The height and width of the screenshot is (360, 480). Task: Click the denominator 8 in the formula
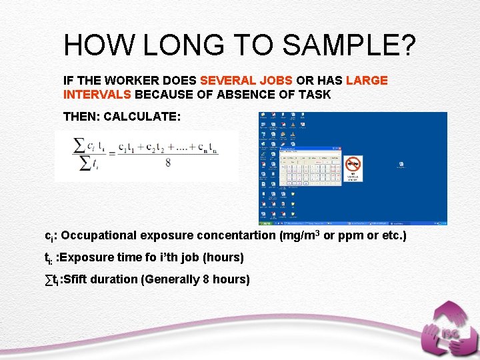pos(167,162)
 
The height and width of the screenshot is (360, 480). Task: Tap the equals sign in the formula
pos(111,153)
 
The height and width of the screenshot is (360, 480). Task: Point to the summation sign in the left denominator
pos(85,163)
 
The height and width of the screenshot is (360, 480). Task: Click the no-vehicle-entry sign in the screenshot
pos(353,163)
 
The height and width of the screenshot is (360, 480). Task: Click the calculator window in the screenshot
pos(311,168)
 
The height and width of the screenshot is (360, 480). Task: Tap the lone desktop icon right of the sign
pos(401,164)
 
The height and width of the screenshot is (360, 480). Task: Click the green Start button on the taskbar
pos(265,222)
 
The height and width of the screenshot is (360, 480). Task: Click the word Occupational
pos(99,236)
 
